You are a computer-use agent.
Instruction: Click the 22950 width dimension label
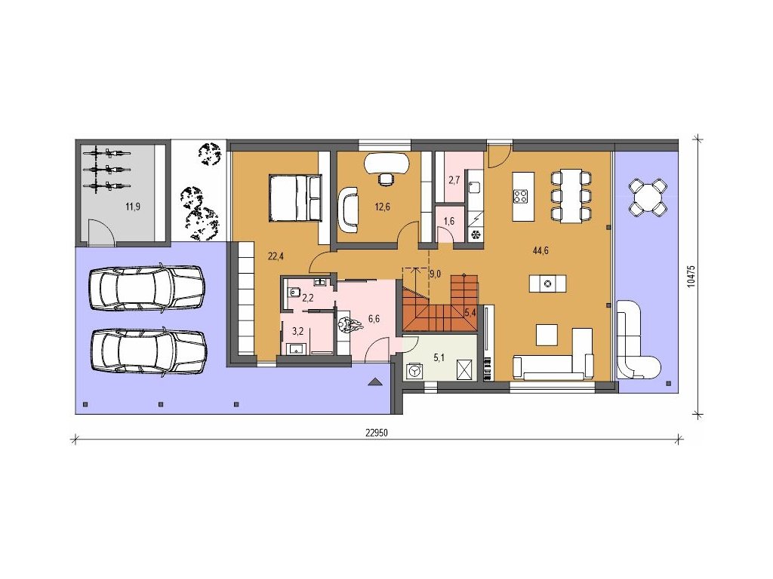(x=377, y=433)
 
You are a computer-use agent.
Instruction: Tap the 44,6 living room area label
(x=540, y=250)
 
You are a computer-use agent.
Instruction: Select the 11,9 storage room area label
(x=133, y=207)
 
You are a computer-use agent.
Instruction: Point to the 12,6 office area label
(x=382, y=207)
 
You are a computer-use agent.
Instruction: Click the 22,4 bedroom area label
(x=276, y=256)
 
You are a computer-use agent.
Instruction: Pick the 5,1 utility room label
(x=439, y=358)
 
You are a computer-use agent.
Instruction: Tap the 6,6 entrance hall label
(x=374, y=319)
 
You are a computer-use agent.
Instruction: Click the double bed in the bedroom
(x=294, y=198)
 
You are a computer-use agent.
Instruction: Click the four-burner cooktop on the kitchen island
(x=521, y=197)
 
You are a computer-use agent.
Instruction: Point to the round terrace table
(x=648, y=197)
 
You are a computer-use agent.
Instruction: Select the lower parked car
(x=149, y=351)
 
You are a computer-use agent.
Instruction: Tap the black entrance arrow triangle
(x=374, y=381)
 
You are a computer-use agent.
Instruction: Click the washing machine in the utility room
(x=414, y=371)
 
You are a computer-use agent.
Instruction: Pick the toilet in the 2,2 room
(x=294, y=292)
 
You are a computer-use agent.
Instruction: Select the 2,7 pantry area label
(x=454, y=180)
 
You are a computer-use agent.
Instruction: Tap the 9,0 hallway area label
(x=435, y=274)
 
